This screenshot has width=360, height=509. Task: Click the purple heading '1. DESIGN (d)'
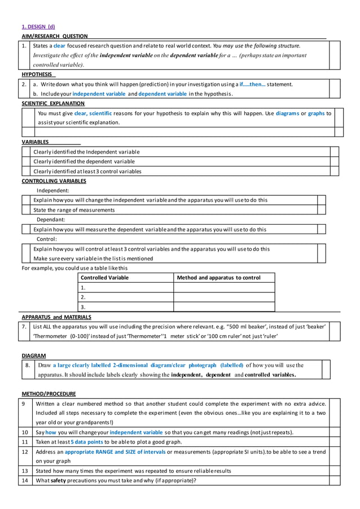tap(38, 26)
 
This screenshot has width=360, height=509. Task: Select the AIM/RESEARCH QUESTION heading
tap(54, 36)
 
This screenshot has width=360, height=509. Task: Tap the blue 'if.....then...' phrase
tap(252, 84)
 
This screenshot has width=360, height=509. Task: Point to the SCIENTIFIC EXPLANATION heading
tap(53, 103)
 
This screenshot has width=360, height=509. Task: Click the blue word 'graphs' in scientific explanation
tap(316, 113)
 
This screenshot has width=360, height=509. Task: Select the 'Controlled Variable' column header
tap(104, 278)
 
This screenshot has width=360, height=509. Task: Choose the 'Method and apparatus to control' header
tap(218, 278)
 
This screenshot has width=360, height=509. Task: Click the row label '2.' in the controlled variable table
tap(84, 297)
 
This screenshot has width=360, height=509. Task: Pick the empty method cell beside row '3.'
tap(224, 307)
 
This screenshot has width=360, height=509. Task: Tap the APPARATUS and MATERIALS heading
tap(56, 317)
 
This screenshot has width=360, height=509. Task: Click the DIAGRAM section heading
tap(34, 356)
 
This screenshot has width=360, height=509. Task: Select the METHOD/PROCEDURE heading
tap(49, 393)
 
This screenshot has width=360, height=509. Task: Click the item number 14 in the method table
tap(24, 481)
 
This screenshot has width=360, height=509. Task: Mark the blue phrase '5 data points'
tap(87, 442)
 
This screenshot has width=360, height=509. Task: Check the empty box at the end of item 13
tap(335, 471)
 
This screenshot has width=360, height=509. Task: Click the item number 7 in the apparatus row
tap(24, 326)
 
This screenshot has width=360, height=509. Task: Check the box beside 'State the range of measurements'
tap(322, 210)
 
